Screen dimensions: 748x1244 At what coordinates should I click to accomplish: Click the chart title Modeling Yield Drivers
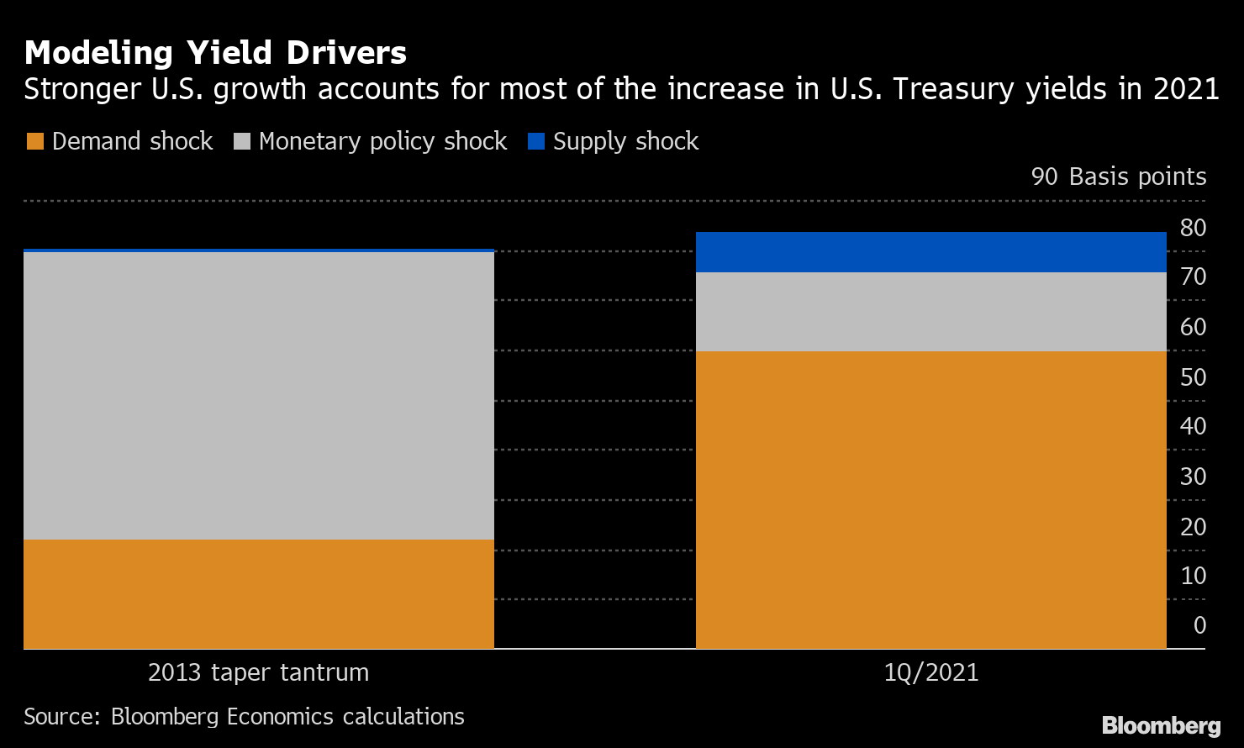(x=215, y=53)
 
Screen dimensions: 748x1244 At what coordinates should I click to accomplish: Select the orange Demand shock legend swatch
(x=35, y=141)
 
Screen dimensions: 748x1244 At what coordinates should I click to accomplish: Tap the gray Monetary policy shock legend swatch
(x=242, y=141)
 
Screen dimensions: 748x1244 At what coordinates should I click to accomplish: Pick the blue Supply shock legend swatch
(x=536, y=141)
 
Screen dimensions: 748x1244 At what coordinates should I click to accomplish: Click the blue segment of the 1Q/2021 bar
(x=930, y=252)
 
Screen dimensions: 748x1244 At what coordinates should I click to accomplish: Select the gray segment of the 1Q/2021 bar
(x=930, y=312)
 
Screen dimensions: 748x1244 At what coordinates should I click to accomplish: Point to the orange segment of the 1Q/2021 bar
(x=930, y=500)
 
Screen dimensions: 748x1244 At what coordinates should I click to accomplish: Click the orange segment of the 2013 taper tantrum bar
(x=258, y=594)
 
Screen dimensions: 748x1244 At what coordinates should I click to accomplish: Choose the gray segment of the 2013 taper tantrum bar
(x=258, y=395)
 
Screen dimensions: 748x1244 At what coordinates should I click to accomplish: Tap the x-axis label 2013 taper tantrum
(x=258, y=673)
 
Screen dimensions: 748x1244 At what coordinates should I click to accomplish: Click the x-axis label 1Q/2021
(x=930, y=673)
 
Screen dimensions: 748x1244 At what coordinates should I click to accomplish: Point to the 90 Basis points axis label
(x=1118, y=176)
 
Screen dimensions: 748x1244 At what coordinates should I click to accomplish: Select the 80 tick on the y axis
(x=1193, y=228)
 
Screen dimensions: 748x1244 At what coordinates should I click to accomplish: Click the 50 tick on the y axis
(x=1193, y=377)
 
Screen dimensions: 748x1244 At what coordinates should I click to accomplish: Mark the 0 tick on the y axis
(x=1199, y=625)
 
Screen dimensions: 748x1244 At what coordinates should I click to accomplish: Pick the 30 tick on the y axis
(x=1193, y=477)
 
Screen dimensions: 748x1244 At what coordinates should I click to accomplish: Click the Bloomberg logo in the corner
(x=1161, y=724)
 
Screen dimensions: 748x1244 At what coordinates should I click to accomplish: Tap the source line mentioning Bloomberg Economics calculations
(x=244, y=716)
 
